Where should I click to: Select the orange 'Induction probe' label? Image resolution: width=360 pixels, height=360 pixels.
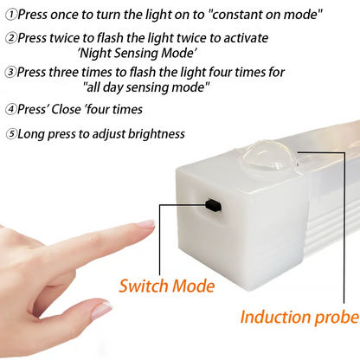(x=299, y=317)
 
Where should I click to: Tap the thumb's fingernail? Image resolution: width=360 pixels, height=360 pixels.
(x=101, y=309)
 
